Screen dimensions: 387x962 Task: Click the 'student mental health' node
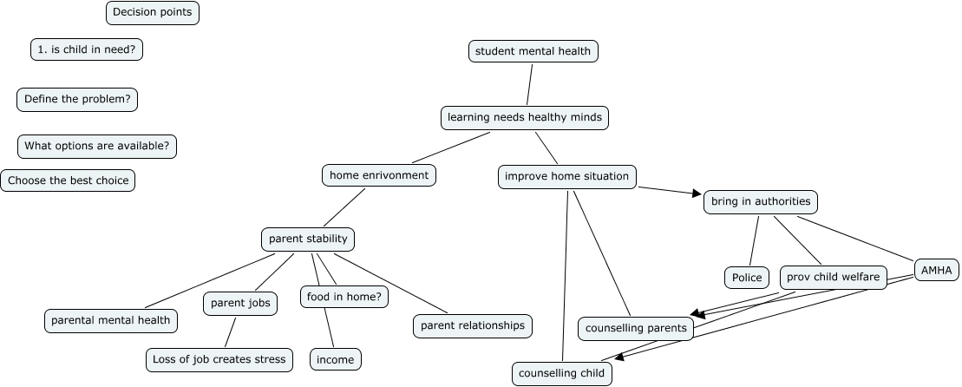click(x=533, y=51)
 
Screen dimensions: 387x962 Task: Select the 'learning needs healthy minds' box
click(x=524, y=117)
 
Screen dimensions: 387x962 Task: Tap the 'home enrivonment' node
click(x=379, y=175)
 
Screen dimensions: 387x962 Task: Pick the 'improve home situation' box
click(x=567, y=176)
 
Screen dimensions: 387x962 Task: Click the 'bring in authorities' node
click(x=760, y=202)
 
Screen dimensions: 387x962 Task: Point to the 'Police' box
click(x=746, y=278)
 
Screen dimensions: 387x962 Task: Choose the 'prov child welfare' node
click(x=833, y=278)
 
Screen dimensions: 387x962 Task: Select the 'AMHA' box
click(x=936, y=271)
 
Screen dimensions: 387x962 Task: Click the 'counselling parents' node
click(x=636, y=328)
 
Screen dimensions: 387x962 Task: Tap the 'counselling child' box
click(x=561, y=374)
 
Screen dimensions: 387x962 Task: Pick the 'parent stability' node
click(x=308, y=239)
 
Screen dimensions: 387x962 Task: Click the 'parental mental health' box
click(x=111, y=320)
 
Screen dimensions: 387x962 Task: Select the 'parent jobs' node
click(x=240, y=303)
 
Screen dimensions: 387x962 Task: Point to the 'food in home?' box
click(x=344, y=297)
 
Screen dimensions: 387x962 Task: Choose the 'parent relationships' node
click(x=473, y=325)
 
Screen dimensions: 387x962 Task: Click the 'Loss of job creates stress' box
click(x=219, y=359)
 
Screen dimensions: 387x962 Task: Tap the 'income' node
click(x=335, y=359)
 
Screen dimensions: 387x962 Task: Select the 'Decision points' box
click(x=153, y=13)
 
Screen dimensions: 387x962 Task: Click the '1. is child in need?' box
click(x=87, y=49)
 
